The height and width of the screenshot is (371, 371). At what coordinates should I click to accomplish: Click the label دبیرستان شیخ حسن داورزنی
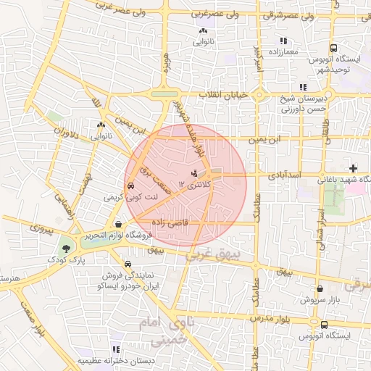[x=300, y=105]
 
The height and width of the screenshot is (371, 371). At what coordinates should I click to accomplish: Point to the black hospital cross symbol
[x=353, y=168]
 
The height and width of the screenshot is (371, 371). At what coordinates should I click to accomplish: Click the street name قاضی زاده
[x=170, y=223]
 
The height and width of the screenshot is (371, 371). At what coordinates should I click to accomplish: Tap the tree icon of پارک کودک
[x=67, y=248]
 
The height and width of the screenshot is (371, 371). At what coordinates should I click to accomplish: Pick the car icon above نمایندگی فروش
[x=128, y=264]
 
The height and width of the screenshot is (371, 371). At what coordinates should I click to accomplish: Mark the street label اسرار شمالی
[x=318, y=225]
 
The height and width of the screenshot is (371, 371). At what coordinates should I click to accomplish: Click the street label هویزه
[x=171, y=67]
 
